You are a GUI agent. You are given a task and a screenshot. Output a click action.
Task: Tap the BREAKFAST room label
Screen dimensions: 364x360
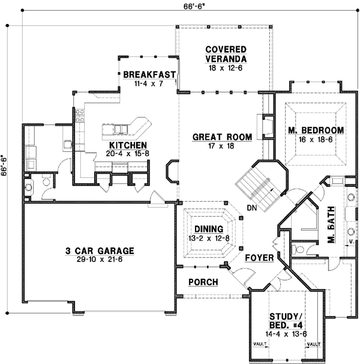[149, 74]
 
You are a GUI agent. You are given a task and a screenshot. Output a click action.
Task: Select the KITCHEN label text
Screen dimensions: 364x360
[128, 145]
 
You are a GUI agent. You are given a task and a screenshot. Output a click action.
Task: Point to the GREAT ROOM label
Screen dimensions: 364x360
[214, 137]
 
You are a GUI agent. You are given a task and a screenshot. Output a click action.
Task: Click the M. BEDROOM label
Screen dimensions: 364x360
[315, 130]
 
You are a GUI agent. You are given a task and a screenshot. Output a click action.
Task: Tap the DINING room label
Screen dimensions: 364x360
[209, 229]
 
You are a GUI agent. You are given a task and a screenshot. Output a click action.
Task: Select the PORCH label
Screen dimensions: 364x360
[203, 282]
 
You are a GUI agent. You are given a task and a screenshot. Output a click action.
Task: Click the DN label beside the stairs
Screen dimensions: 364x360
[251, 208]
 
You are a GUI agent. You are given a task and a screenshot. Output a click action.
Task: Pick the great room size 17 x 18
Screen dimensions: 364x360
[214, 146]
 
